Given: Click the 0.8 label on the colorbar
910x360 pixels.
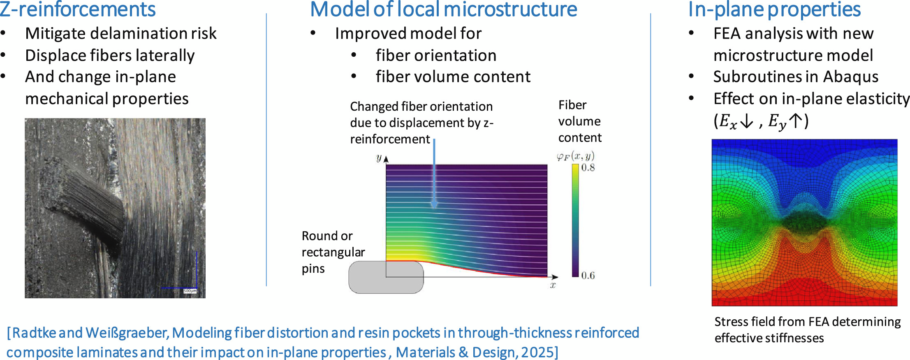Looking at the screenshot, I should point(588,167).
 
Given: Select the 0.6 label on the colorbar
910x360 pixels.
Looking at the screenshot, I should point(588,275).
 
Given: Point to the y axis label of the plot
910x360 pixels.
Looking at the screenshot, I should point(379,158).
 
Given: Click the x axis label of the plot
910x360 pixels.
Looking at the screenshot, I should point(553,285).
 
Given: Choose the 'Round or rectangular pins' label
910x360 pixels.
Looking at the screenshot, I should point(333,252).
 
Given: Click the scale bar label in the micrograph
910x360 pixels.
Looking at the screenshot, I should point(190,291).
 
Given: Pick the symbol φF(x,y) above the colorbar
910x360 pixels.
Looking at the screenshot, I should point(575,156).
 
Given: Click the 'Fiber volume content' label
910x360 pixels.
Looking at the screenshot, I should point(579,121).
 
